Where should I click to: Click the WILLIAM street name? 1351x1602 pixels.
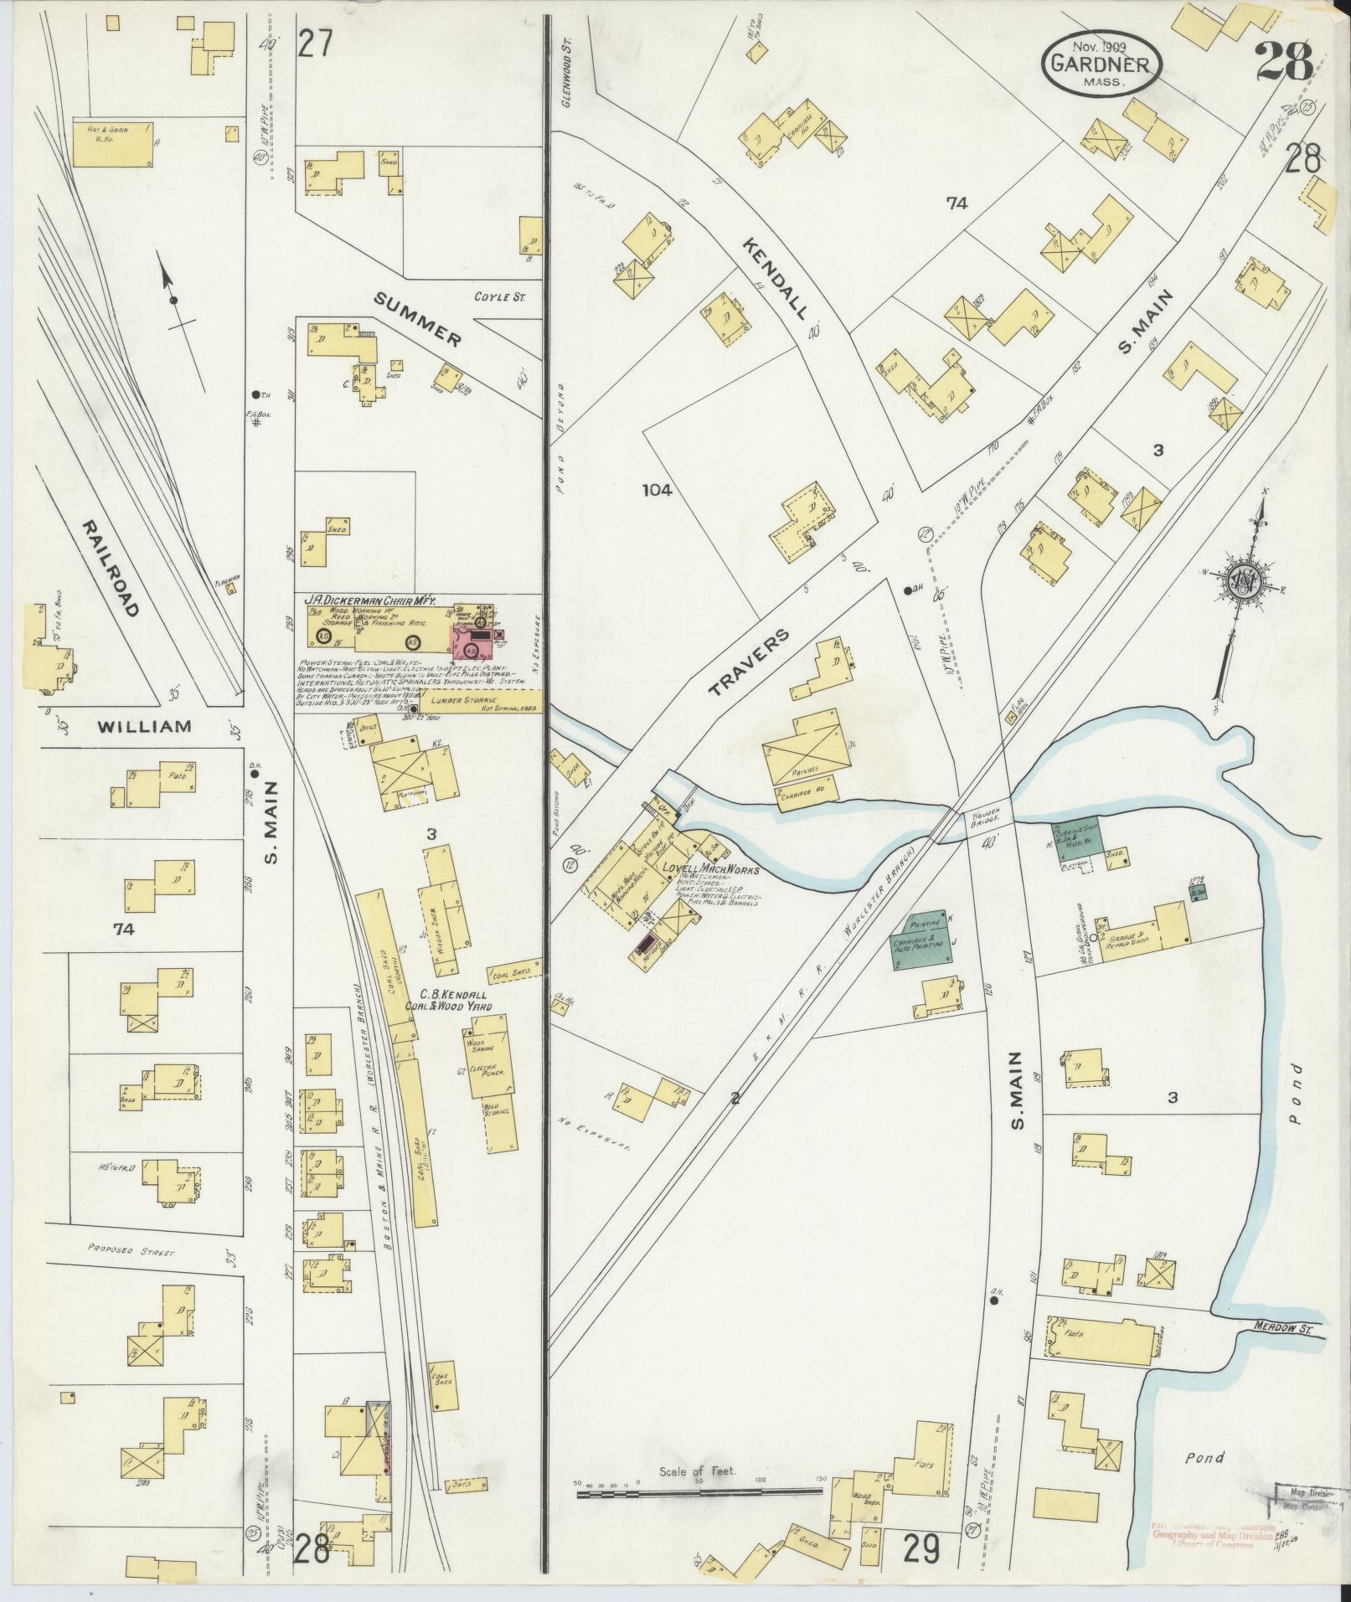[x=143, y=726]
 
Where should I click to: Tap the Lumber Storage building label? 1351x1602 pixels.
[x=460, y=699]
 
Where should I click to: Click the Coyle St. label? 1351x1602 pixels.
[x=499, y=296]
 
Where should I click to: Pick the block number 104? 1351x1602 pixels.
[x=657, y=491]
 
